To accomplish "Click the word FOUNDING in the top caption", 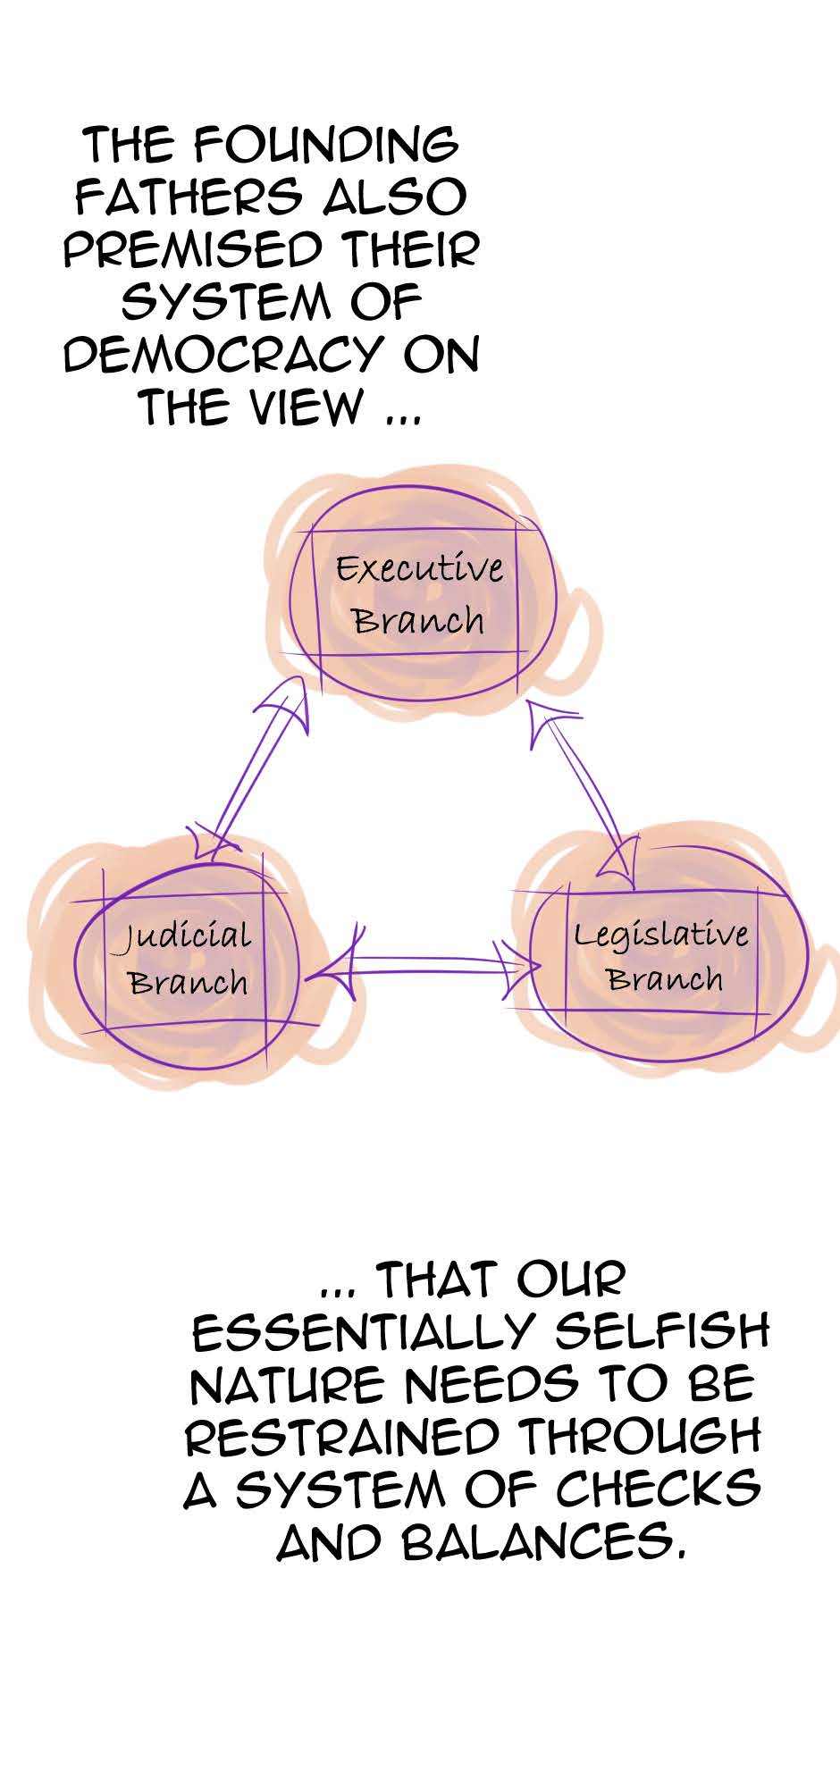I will click(325, 146).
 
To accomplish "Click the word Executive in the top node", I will click(419, 568).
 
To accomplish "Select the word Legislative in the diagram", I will click(661, 935).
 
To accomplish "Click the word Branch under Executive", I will click(419, 619).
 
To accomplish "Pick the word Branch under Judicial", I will click(188, 982).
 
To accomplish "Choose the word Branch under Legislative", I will click(665, 978).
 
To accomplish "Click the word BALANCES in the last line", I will click(546, 1543).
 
